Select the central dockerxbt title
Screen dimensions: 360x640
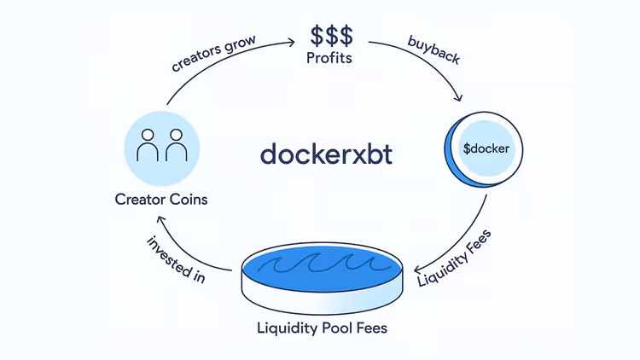326,154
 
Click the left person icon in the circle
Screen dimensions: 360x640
148,147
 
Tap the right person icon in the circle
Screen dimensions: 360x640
176,147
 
